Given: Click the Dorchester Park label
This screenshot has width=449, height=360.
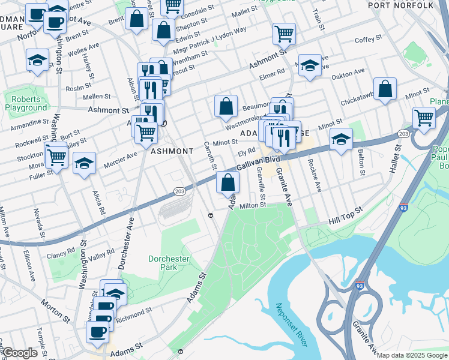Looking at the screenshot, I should pyautogui.click(x=169, y=263).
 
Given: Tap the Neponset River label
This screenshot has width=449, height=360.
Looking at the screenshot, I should pyautogui.click(x=291, y=324).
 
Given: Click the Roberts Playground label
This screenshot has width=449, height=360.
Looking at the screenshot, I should pyautogui.click(x=26, y=103).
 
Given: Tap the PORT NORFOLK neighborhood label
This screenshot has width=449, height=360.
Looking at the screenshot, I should pyautogui.click(x=400, y=5).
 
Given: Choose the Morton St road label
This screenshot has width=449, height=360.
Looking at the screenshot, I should pyautogui.click(x=56, y=310).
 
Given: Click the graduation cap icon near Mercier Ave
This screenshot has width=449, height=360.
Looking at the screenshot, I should pyautogui.click(x=85, y=162).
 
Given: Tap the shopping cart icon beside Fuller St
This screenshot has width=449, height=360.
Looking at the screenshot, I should pyautogui.click(x=56, y=157).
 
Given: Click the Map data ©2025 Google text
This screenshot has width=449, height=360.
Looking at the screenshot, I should pyautogui.click(x=412, y=355).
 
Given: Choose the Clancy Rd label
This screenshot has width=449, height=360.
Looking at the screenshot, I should pyautogui.click(x=62, y=251).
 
